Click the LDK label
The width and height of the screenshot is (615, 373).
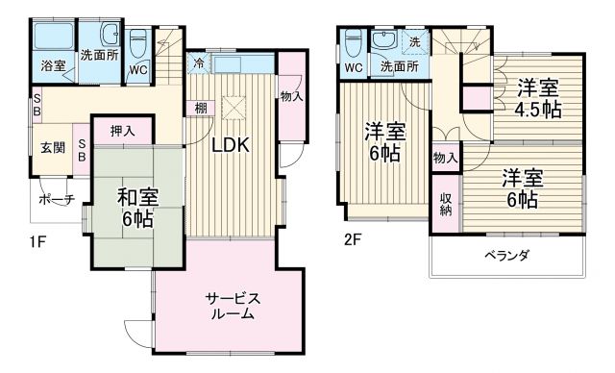coord(231,146)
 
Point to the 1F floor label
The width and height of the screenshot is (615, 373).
coord(37,241)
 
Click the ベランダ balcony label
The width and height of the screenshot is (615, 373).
coord(505,255)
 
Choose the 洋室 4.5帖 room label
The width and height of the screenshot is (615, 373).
coord(537,98)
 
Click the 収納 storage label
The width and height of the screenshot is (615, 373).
coord(446,204)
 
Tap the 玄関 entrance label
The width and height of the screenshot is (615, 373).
coord(52,147)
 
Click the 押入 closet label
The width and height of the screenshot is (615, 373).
coord(122,130)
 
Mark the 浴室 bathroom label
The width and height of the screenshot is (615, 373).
coord(53,66)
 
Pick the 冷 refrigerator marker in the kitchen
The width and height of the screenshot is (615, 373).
coord(198,64)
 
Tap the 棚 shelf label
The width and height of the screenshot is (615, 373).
coord(200,108)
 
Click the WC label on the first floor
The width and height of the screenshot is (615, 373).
coord(138,69)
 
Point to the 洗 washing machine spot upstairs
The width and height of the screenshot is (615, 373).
coord(415,41)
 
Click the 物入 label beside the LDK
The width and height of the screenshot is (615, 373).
coord(291,95)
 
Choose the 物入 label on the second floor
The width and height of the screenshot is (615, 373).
coord(445,158)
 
